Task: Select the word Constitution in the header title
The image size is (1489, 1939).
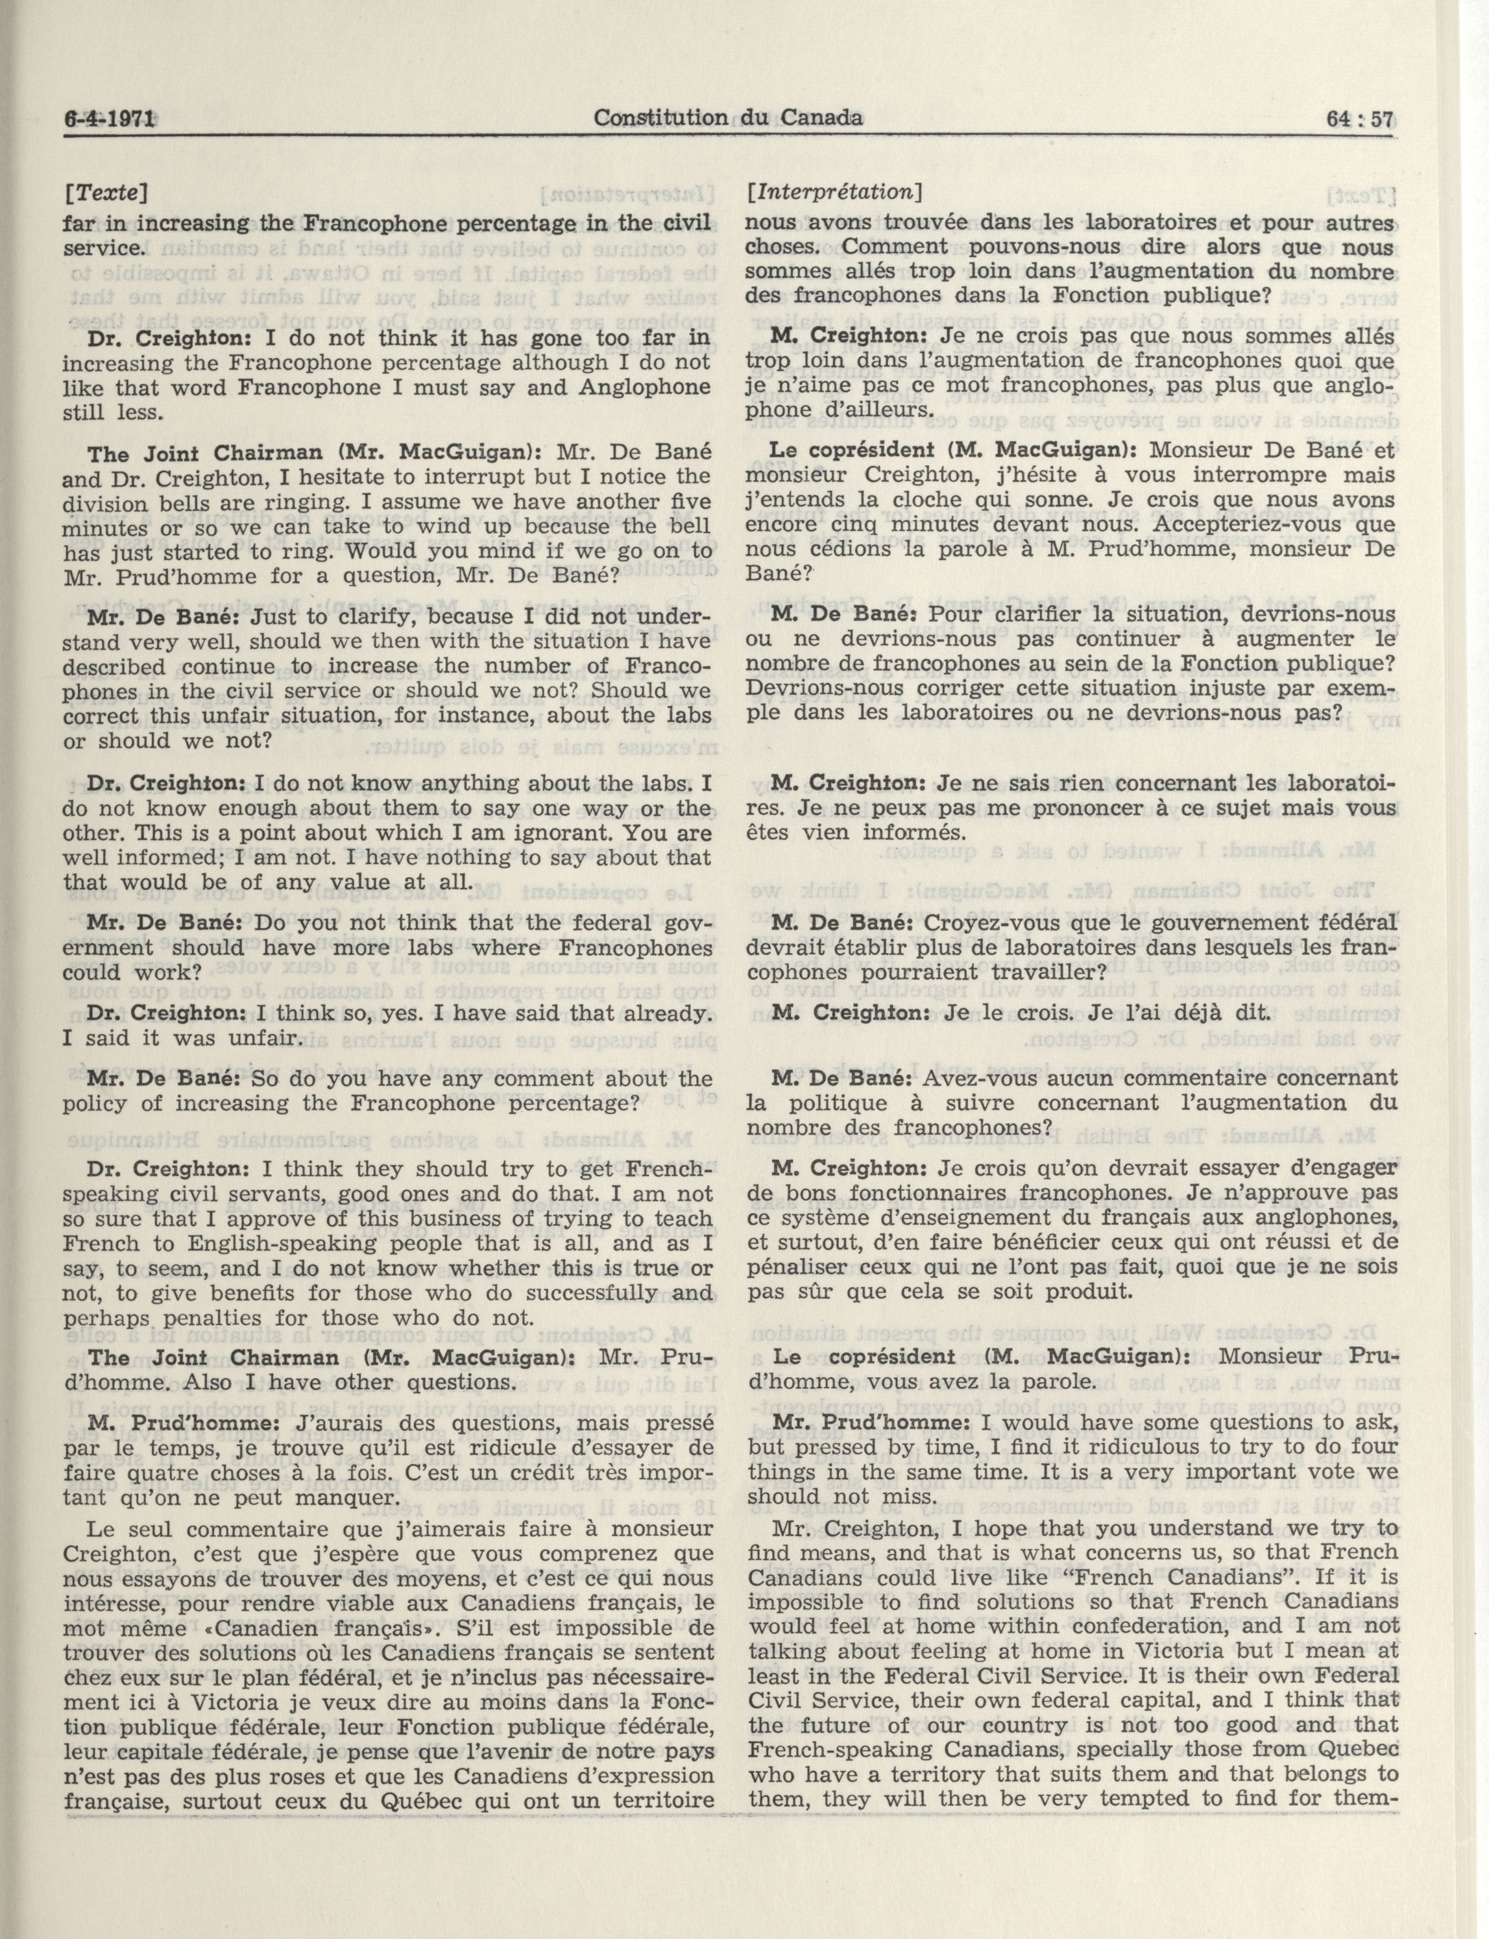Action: tap(662, 118)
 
